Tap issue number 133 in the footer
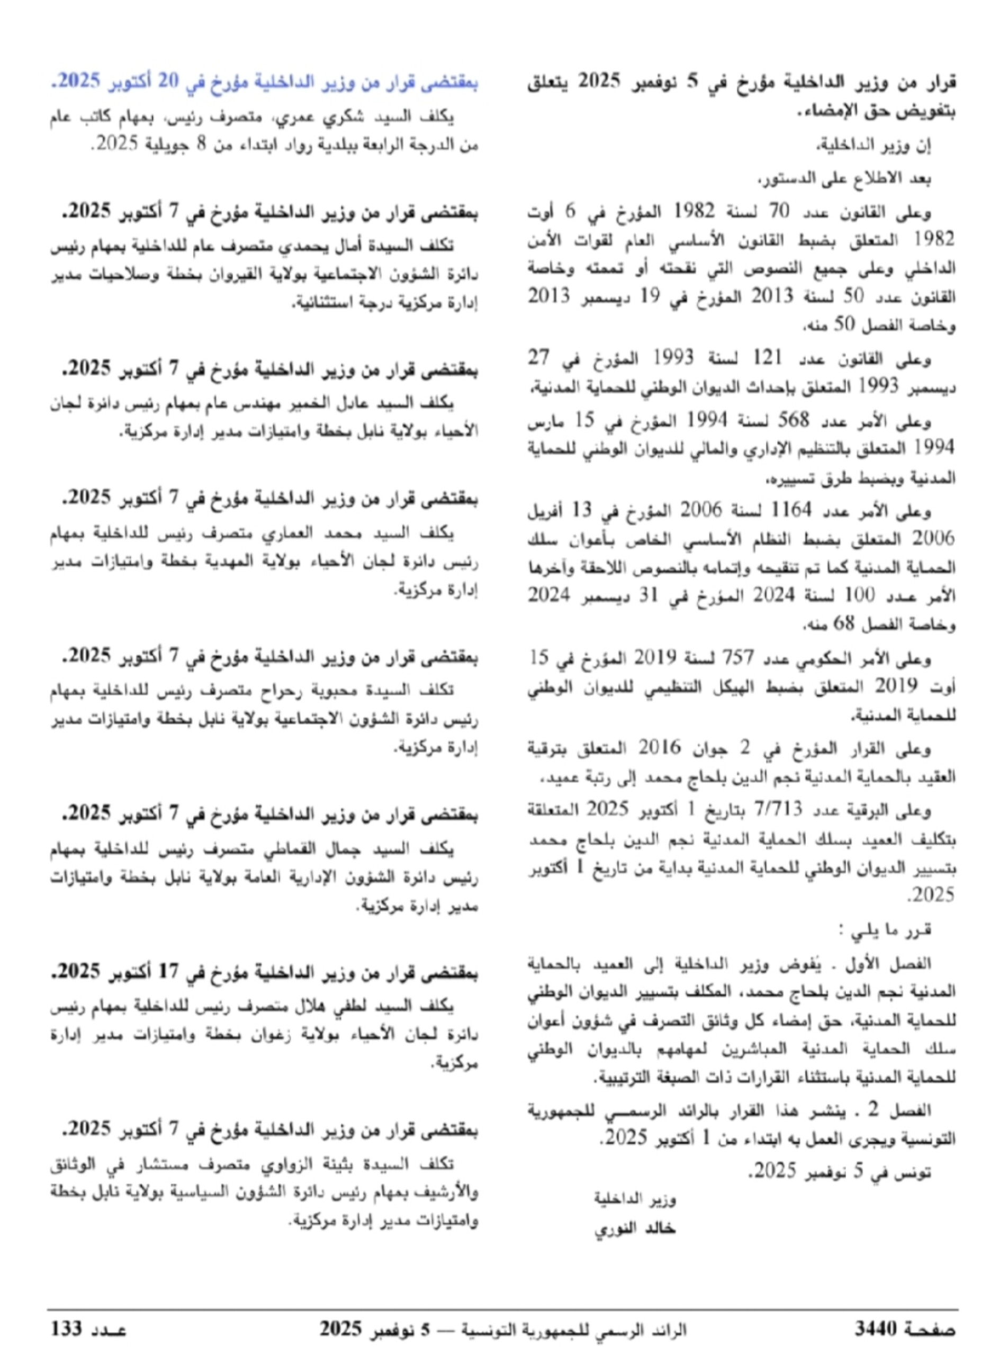tap(66, 1329)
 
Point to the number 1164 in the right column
tap(791, 510)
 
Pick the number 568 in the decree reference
tap(792, 420)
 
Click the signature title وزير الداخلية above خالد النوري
tap(634, 1199)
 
